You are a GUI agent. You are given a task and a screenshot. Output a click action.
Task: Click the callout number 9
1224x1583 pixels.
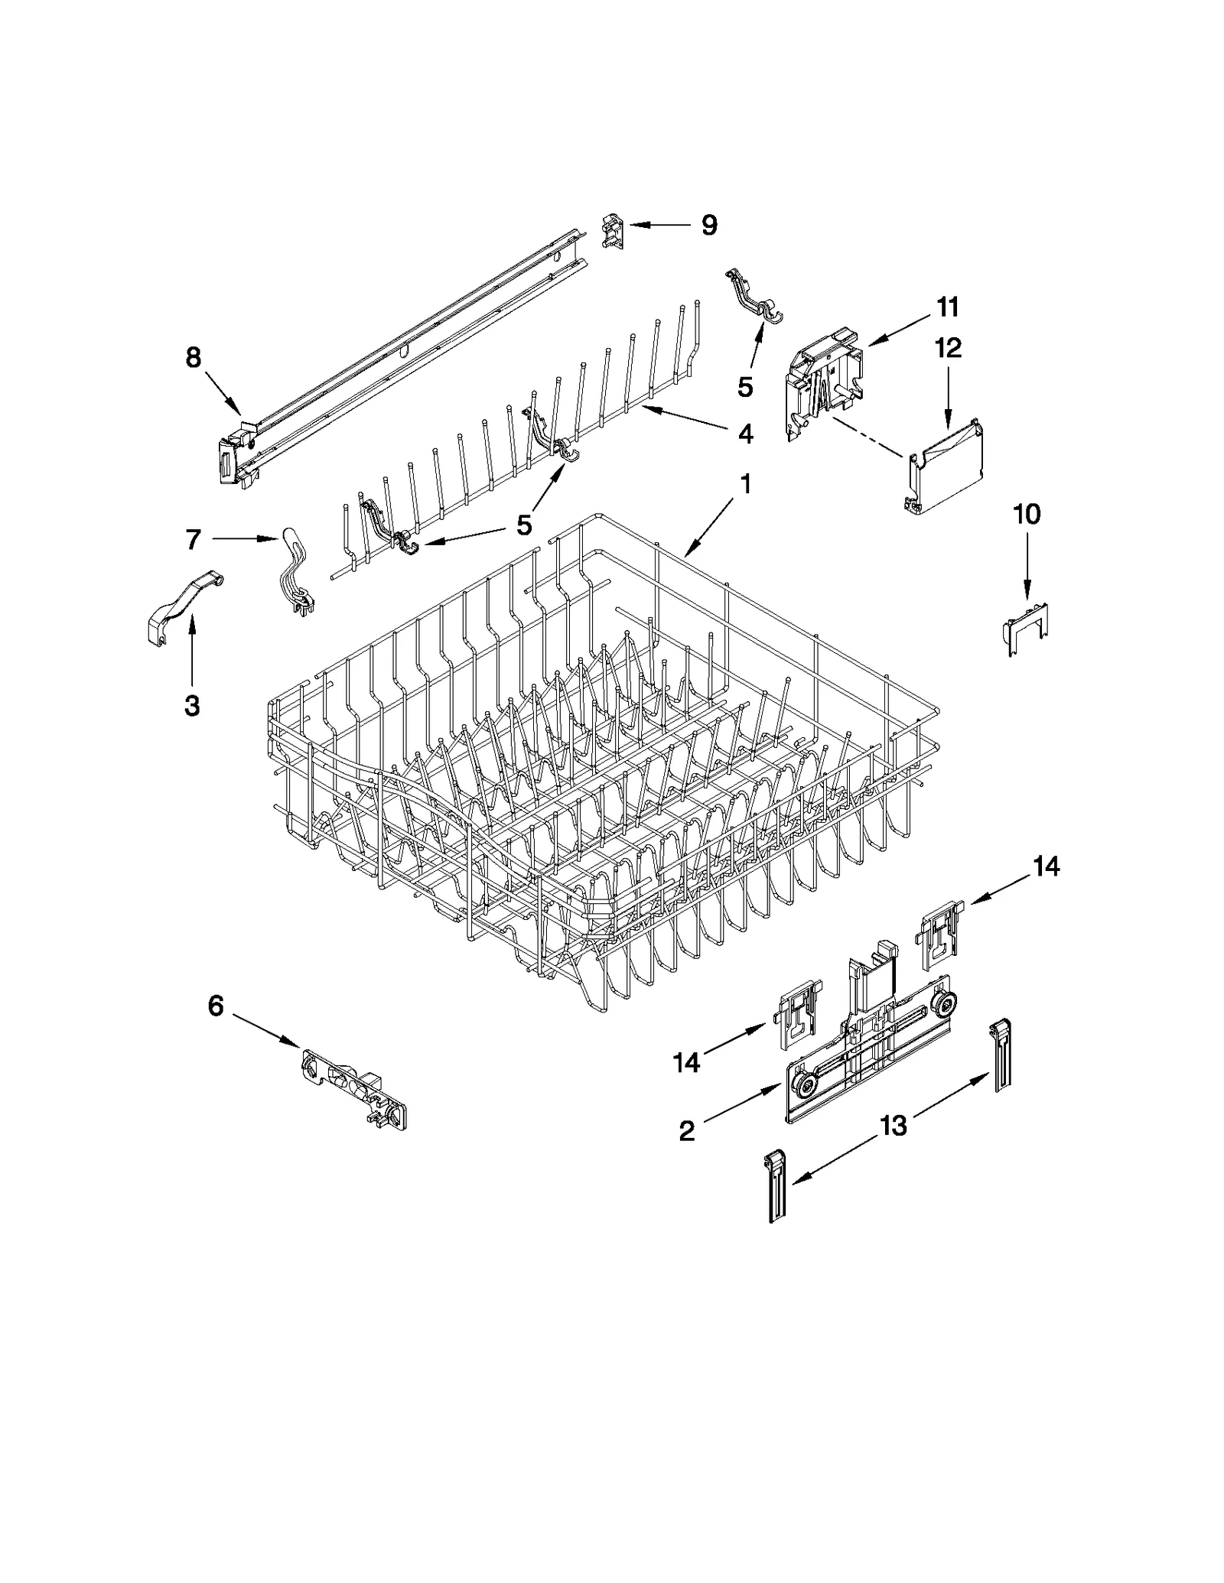pos(709,226)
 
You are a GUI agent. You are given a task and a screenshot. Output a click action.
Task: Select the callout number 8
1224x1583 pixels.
pos(193,357)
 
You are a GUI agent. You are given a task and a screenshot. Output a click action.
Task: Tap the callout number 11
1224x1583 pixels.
pos(947,307)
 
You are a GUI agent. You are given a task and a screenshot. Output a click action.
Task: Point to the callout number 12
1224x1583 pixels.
pos(948,348)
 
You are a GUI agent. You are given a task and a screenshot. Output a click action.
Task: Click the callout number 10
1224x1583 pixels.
pos(1027,515)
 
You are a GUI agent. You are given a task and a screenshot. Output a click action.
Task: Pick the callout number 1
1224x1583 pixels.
pos(744,484)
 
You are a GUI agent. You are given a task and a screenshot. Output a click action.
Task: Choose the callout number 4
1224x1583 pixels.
pos(744,434)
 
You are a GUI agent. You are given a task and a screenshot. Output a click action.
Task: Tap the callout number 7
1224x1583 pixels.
pos(193,540)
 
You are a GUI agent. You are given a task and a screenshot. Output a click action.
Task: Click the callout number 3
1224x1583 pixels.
pos(192,705)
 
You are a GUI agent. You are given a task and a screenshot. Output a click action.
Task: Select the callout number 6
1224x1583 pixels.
pos(216,1006)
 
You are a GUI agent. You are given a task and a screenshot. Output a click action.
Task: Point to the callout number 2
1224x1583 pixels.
pos(687,1130)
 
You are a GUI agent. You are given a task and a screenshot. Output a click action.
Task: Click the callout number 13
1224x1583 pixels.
pos(893,1125)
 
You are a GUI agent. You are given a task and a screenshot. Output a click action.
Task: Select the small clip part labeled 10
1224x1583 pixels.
pos(1025,629)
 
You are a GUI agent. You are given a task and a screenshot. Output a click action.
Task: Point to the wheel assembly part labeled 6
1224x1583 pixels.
pos(355,1087)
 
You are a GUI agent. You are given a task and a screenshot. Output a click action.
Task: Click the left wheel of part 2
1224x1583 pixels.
pos(803,1084)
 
